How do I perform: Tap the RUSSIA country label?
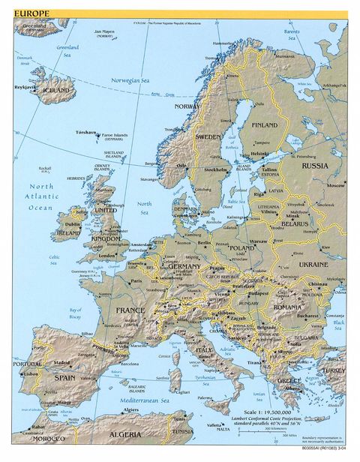(x=314, y=166)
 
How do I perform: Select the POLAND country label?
(x=241, y=247)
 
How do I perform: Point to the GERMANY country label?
(x=184, y=266)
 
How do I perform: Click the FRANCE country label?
(x=130, y=310)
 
